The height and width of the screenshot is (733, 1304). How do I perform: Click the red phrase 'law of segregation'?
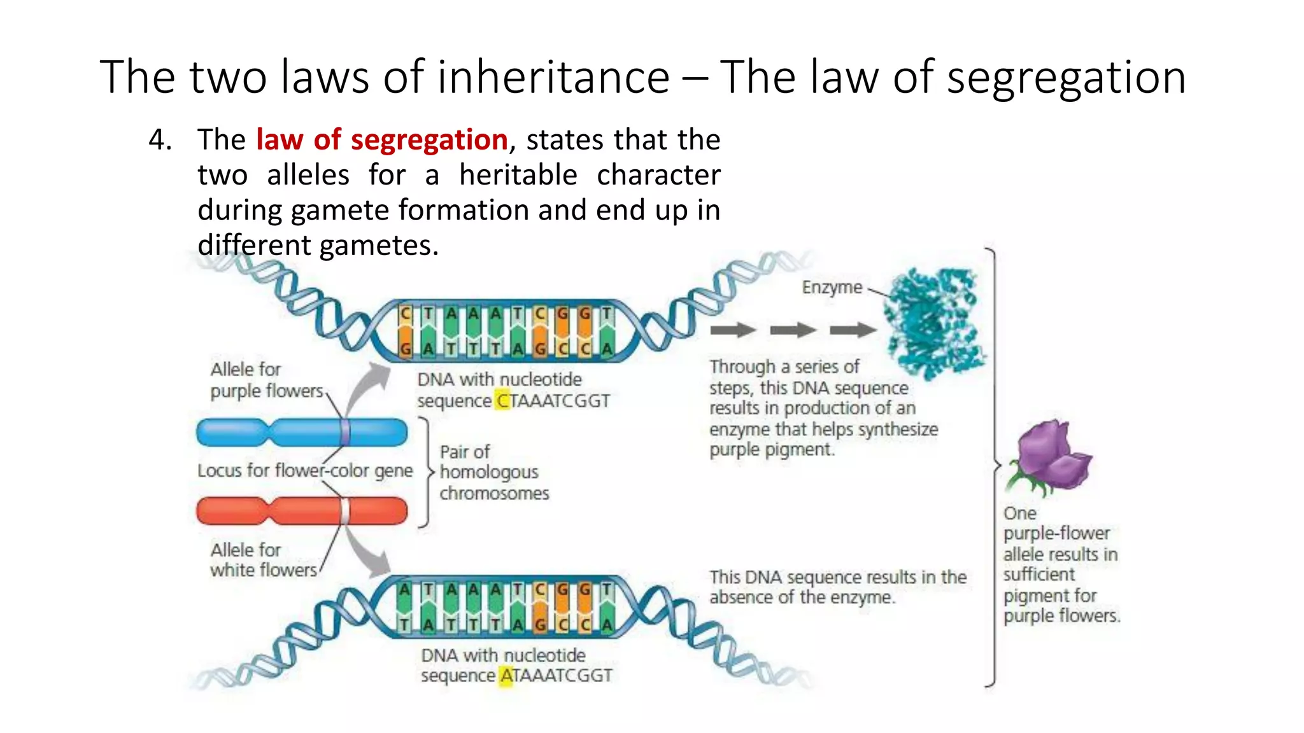click(381, 140)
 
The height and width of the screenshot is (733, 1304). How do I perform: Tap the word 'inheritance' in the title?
click(547, 77)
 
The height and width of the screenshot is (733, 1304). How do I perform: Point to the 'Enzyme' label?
click(832, 288)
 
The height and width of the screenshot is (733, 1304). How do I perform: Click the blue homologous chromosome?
click(302, 433)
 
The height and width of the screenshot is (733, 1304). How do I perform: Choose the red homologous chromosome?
click(302, 511)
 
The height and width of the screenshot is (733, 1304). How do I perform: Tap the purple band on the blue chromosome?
click(344, 433)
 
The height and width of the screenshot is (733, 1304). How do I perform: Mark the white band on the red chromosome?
click(344, 511)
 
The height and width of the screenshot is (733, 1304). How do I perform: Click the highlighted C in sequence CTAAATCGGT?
click(503, 401)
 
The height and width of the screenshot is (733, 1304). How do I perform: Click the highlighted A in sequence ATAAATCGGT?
click(507, 676)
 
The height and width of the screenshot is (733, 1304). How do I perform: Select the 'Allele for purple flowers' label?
click(266, 380)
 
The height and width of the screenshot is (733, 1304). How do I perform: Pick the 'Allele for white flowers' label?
click(263, 560)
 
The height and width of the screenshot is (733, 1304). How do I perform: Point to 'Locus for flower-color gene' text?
click(305, 471)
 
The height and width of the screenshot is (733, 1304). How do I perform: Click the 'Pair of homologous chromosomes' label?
click(493, 472)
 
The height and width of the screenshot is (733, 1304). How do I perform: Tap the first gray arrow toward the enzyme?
click(733, 330)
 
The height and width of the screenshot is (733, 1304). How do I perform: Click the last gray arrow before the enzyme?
click(853, 330)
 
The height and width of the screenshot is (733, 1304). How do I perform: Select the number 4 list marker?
click(159, 140)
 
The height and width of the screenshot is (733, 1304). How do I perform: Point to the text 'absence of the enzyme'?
click(802, 597)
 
